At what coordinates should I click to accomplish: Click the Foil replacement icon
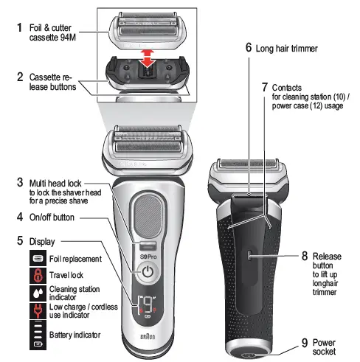[x=37, y=258]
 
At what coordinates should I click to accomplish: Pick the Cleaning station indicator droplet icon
[x=37, y=293]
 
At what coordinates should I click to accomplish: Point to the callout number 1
[x=20, y=27]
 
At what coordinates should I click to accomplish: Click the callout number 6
[x=249, y=48]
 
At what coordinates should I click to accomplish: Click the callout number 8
[x=304, y=256]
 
